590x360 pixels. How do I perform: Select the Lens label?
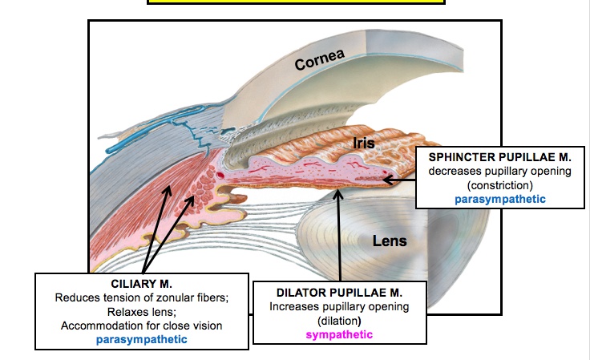pyautogui.click(x=390, y=240)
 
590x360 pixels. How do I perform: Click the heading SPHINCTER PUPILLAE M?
pyautogui.click(x=499, y=156)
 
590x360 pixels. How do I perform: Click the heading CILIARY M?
pyautogui.click(x=141, y=283)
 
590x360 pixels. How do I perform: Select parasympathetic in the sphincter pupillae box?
pyautogui.click(x=499, y=198)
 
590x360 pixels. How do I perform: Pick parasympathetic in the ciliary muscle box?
pyautogui.click(x=141, y=339)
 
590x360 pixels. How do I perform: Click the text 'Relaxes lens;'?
pyautogui.click(x=141, y=311)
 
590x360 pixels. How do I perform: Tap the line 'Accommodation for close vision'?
pyautogui.click(x=141, y=325)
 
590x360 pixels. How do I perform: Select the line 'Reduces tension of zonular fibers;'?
pyautogui.click(x=141, y=297)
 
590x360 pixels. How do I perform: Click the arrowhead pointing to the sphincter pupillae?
pyautogui.click(x=387, y=179)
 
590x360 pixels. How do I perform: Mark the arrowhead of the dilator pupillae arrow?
pyautogui.click(x=339, y=192)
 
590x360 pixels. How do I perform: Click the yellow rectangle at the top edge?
pyautogui.click(x=295, y=2)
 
